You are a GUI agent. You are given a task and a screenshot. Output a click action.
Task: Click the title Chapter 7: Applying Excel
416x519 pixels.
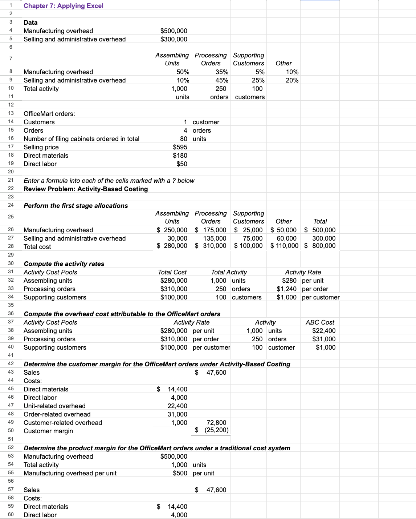[x=64, y=6]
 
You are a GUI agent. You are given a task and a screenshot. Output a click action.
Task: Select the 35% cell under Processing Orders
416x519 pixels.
[x=221, y=72]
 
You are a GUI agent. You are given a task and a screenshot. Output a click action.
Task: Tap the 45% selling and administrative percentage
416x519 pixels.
[x=221, y=80]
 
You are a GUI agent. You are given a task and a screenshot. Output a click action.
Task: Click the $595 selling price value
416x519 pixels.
[x=180, y=147]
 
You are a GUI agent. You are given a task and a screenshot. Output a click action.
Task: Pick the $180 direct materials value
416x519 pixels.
[x=180, y=156]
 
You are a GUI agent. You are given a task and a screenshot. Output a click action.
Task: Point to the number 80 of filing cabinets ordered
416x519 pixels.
[x=184, y=139]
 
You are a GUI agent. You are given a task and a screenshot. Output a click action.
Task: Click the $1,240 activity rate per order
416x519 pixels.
[x=286, y=289]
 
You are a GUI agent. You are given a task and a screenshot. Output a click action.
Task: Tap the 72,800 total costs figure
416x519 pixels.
[x=216, y=423]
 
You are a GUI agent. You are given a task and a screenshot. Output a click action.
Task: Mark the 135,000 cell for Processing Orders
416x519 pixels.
[x=215, y=238]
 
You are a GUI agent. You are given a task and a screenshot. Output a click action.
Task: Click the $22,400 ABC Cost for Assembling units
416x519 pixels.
[x=324, y=331]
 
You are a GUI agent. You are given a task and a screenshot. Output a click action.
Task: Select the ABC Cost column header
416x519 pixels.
[x=320, y=322]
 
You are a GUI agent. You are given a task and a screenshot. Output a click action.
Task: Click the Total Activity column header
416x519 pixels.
[x=229, y=272]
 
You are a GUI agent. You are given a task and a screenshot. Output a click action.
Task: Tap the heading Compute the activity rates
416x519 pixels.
[x=64, y=264]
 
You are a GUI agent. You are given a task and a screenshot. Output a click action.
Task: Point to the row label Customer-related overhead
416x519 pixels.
[x=63, y=423]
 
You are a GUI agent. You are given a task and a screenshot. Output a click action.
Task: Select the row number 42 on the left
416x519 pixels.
[x=11, y=364]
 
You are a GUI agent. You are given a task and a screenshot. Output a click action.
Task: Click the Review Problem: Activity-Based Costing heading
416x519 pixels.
[x=86, y=189]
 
